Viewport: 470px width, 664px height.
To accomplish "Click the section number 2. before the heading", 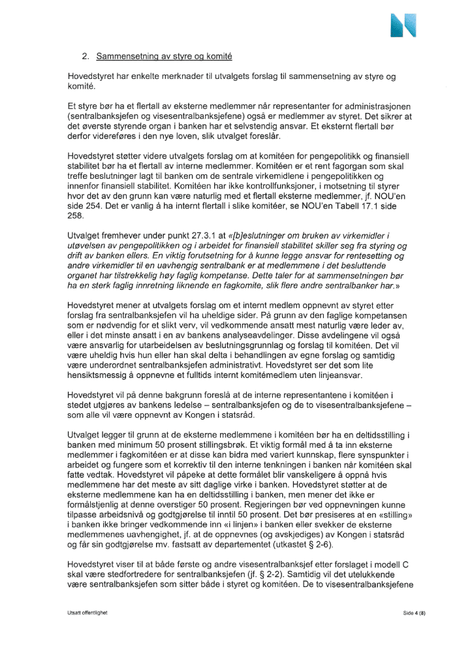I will pos(85,57).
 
